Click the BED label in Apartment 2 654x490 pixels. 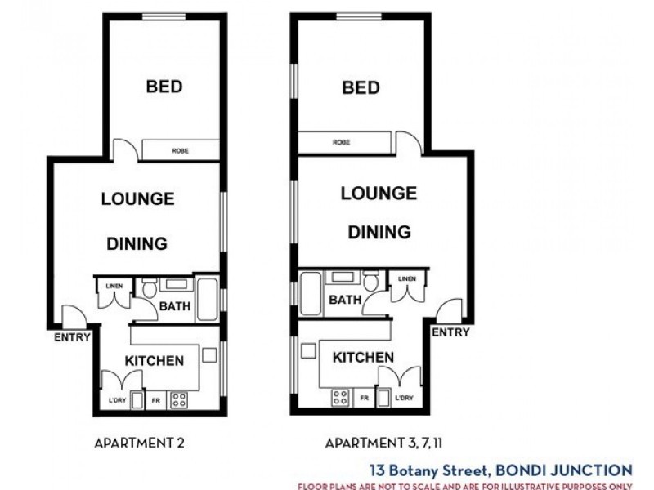pyautogui.click(x=163, y=86)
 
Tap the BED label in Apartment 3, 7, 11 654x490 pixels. pyautogui.click(x=361, y=87)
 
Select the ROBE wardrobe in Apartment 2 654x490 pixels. pyautogui.click(x=181, y=150)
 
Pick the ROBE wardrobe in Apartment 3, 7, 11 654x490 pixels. pyautogui.click(x=342, y=143)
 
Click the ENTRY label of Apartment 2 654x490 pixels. pyautogui.click(x=72, y=337)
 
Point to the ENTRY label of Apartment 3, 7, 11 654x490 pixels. pyautogui.click(x=450, y=332)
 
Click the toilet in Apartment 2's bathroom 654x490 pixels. pyautogui.click(x=149, y=289)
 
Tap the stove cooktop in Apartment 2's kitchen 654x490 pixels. pyautogui.click(x=178, y=400)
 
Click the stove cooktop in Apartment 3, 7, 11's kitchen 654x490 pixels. pyautogui.click(x=341, y=398)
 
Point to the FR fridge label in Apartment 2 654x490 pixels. pyautogui.click(x=156, y=402)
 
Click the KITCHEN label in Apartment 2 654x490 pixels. pyautogui.click(x=154, y=360)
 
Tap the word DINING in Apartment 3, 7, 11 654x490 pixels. pyautogui.click(x=379, y=232)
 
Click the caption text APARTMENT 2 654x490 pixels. pyautogui.click(x=140, y=443)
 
